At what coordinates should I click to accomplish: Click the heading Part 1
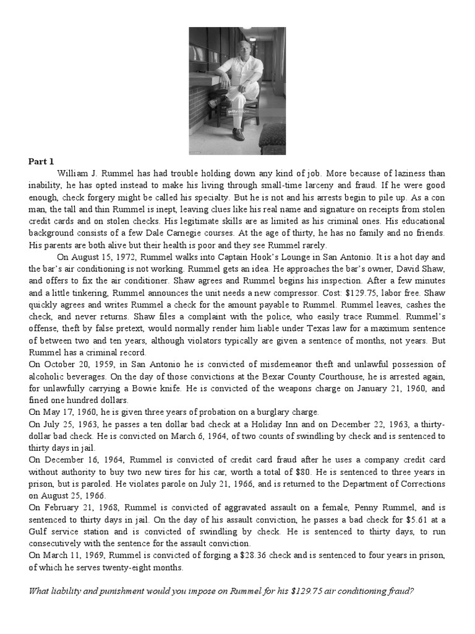[x=41, y=162]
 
